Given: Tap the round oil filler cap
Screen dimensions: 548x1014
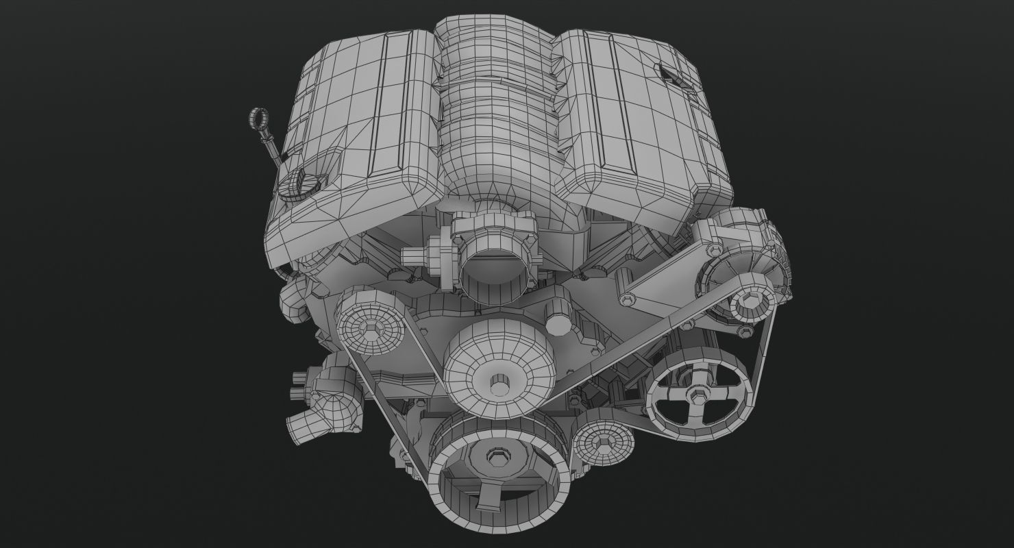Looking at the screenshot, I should pyautogui.click(x=305, y=184).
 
